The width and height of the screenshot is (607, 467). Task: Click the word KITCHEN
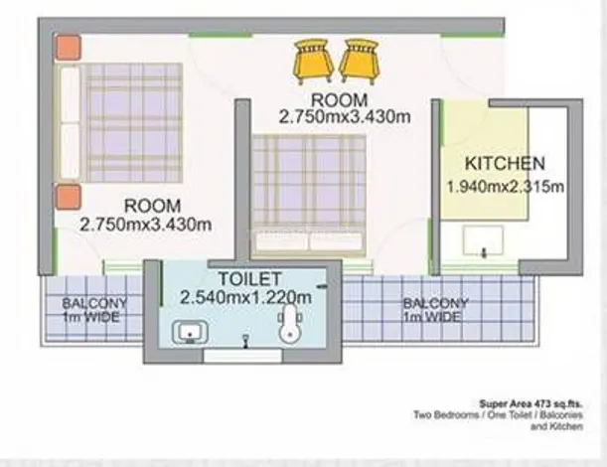pos(505,164)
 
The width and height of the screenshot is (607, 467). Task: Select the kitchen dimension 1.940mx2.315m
pos(505,186)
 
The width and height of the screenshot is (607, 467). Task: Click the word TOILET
pos(244,278)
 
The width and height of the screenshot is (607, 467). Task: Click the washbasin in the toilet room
pos(186,333)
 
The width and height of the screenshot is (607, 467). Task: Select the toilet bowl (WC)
pos(290,326)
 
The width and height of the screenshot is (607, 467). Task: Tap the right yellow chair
pos(358,60)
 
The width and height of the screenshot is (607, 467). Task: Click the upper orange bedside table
pos(68,48)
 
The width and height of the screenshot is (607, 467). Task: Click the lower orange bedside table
pos(68,197)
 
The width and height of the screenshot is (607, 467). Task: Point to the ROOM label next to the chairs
pos(339,100)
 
